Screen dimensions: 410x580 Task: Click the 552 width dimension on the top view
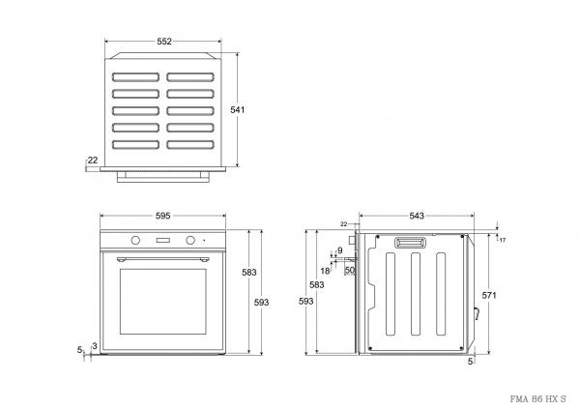163,42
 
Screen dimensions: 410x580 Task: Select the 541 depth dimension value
238,109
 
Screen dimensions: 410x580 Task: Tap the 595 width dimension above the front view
162,215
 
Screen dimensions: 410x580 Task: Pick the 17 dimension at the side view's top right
503,239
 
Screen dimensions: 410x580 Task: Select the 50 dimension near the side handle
350,271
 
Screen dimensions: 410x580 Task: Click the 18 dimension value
325,271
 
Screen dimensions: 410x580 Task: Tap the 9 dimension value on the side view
340,251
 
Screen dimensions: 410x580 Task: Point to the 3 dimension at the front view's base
95,345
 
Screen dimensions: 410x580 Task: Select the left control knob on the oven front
134,240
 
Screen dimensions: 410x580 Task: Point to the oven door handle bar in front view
162,258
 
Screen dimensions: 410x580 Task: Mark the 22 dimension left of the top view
92,161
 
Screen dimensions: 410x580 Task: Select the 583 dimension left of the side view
316,285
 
